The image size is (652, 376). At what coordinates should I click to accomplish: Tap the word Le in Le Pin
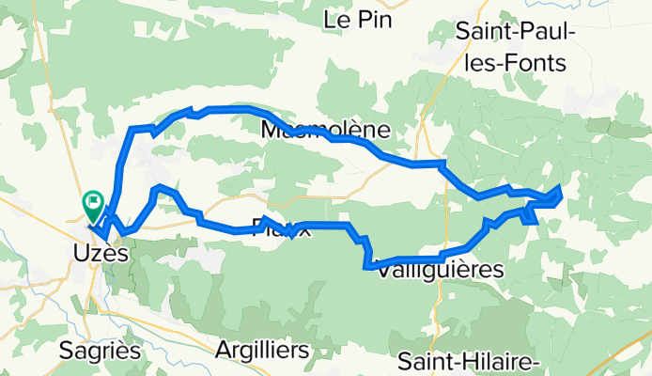337,19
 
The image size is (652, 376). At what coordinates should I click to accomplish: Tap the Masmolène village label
326,129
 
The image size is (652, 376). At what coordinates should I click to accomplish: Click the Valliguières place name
438,269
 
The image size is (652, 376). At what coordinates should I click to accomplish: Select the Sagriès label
100,351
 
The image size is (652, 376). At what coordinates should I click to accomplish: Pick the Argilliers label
262,350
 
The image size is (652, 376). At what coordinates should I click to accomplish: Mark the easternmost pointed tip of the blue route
562,188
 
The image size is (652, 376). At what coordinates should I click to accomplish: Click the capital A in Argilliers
223,350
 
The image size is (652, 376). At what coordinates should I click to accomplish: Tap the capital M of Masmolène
272,129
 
